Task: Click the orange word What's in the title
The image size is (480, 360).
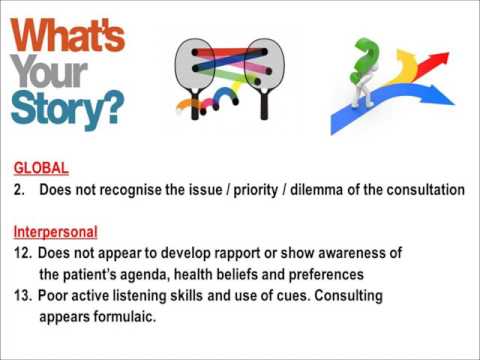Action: click(68, 37)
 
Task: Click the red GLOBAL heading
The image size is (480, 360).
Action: click(41, 169)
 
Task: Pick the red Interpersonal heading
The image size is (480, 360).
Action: click(55, 231)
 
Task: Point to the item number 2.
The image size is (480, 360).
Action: click(19, 190)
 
